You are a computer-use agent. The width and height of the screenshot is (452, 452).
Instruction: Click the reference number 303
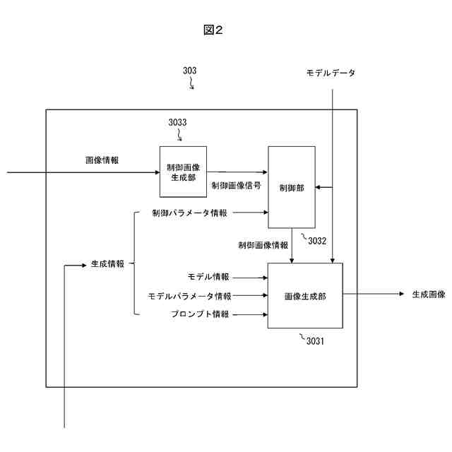189,71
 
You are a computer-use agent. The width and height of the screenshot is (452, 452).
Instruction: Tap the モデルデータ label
331,73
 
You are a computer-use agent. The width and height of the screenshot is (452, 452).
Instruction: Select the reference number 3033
177,122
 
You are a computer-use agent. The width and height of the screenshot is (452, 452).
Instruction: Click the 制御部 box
291,187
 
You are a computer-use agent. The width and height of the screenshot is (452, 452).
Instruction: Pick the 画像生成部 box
304,295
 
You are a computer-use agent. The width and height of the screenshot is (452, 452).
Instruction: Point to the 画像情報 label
102,160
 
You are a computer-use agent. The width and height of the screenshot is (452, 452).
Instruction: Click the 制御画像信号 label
236,186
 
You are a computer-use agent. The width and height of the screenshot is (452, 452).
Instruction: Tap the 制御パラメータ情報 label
189,213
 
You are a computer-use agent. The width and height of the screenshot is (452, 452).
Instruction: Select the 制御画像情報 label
263,245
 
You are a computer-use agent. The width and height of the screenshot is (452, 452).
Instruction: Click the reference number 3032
317,240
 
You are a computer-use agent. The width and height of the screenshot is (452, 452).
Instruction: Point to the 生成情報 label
107,264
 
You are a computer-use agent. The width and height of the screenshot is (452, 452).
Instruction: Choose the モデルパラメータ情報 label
189,295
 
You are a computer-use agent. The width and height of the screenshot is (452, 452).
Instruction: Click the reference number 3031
315,341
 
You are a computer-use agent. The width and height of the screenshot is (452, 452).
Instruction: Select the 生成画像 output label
429,295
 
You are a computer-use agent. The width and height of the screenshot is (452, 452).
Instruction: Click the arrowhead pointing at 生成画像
400,295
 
